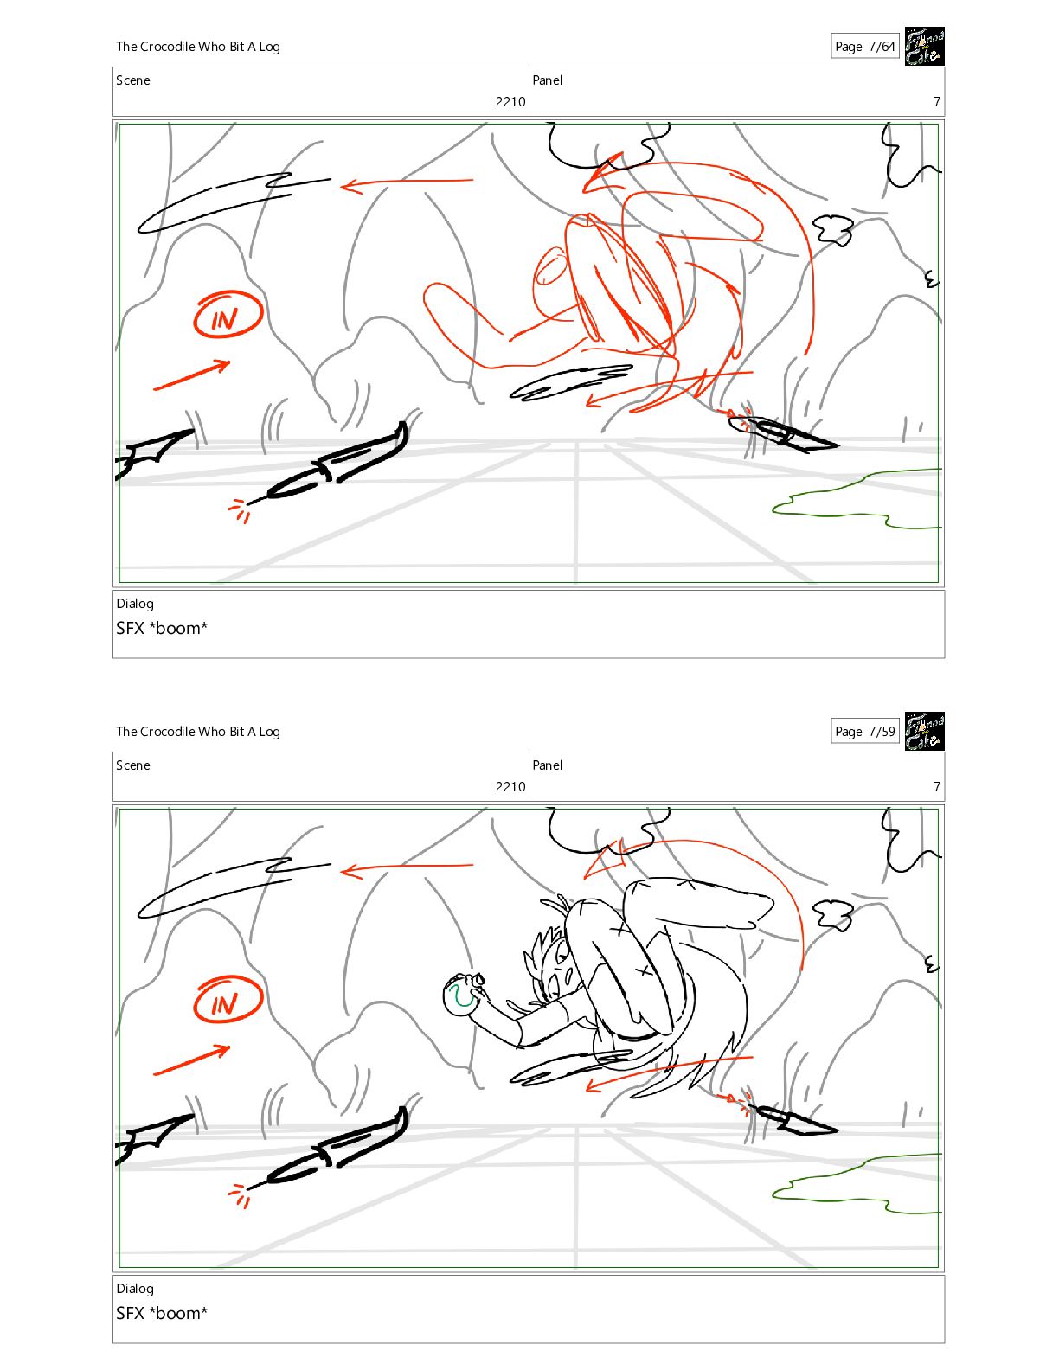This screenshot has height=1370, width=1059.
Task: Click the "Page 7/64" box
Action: pos(864,46)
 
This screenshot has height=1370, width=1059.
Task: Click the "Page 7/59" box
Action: pos(864,731)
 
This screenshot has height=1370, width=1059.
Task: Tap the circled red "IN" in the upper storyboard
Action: pos(227,315)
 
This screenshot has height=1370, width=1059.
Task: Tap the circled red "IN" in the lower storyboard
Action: pos(227,1000)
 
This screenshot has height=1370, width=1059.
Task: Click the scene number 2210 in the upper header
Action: pos(510,101)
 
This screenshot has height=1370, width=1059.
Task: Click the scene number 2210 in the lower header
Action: pos(510,786)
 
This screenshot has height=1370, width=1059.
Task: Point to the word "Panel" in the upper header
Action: pos(547,80)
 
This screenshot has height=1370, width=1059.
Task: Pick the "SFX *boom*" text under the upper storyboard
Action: pos(162,628)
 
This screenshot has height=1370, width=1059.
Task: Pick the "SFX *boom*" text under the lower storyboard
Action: pos(162,1313)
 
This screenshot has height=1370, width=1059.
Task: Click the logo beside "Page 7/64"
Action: pos(924,46)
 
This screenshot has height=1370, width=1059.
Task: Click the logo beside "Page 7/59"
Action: pos(924,731)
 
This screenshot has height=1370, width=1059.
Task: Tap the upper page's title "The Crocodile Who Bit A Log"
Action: pos(198,47)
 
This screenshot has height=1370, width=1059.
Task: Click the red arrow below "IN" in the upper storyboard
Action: pos(192,375)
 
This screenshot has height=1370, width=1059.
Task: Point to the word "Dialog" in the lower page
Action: pos(135,1289)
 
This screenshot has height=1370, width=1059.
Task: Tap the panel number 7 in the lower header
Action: pos(937,786)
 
